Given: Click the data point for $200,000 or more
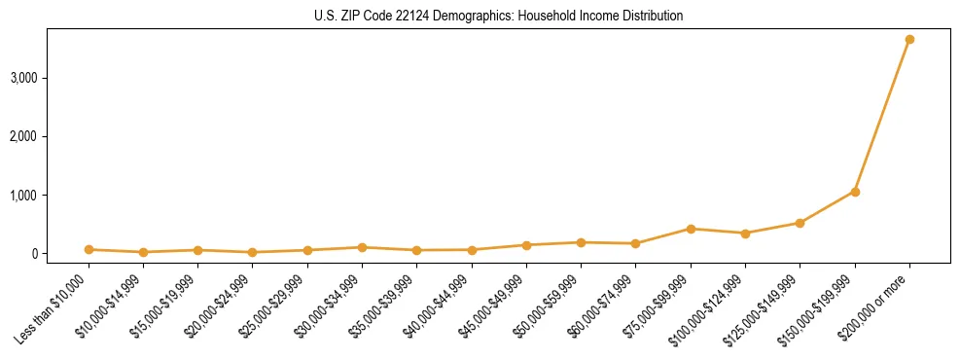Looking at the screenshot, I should [x=909, y=40].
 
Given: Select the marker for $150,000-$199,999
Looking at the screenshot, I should [x=855, y=192].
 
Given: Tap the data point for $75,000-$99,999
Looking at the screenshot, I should [x=691, y=229].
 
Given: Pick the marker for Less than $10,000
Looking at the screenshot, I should [x=89, y=250].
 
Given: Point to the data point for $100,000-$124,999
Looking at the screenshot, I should [x=745, y=234].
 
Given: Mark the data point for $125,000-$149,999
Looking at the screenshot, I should [x=800, y=223].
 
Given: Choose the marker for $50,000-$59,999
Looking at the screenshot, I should [x=581, y=242].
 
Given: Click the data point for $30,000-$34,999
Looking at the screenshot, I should [x=362, y=247].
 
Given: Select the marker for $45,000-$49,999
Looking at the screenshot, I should [x=526, y=245].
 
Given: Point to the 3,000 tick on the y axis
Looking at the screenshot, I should [x=23, y=78].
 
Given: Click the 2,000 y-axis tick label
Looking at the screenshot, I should [x=23, y=136].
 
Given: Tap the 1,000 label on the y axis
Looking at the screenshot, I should [x=23, y=196].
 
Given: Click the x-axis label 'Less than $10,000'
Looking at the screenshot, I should [x=55, y=308].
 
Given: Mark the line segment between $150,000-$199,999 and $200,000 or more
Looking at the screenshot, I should [x=882, y=116].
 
